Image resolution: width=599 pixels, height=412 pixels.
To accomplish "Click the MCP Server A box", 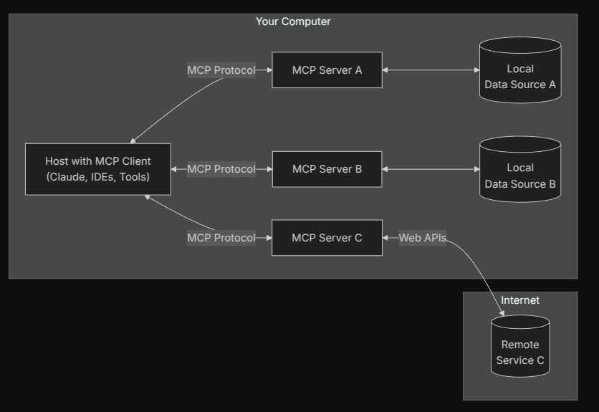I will tap(327, 70).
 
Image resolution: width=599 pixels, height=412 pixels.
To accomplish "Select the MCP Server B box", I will tap(327, 169).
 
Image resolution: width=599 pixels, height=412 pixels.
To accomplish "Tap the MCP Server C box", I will tap(327, 238).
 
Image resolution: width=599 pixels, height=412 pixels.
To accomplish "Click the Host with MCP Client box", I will tap(98, 169).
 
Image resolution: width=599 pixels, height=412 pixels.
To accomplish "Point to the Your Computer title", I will tap(293, 21).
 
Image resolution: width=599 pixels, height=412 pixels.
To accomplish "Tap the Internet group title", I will tap(520, 300).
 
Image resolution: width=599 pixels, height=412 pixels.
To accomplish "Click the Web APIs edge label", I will tap(422, 238).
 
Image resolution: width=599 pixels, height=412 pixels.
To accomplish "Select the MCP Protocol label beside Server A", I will tap(221, 70).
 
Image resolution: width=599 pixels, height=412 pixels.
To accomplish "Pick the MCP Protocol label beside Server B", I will tap(221, 169).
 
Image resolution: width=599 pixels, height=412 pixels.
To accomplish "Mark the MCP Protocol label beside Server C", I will tap(221, 238).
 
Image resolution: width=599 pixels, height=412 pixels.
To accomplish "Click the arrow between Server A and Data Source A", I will tap(431, 70).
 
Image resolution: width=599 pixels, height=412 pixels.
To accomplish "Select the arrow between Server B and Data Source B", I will tap(431, 169).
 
